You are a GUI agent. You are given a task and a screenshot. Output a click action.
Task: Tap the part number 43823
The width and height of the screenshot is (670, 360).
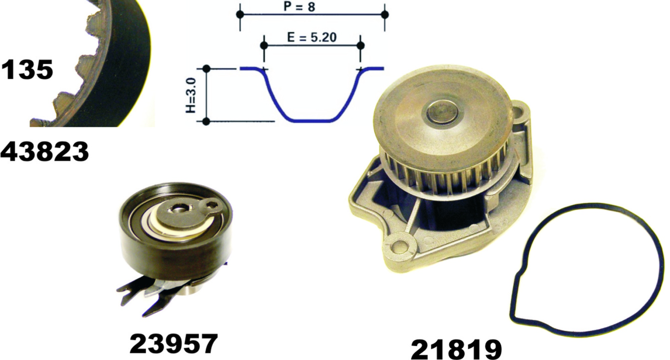point(45,152)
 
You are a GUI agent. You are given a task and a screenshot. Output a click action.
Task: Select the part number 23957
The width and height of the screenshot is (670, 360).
point(174,344)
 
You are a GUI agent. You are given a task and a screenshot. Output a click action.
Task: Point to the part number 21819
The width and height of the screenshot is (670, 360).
point(456,350)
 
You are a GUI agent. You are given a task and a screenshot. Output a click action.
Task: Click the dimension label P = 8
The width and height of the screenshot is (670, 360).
point(299,6)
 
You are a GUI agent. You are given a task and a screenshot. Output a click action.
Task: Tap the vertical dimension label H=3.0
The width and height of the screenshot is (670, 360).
point(191,96)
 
